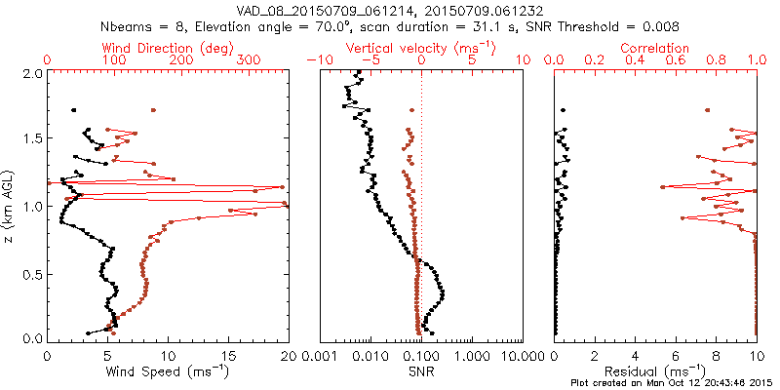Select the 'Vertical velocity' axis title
pyautogui.click(x=420, y=48)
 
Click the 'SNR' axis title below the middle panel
pyautogui.click(x=420, y=370)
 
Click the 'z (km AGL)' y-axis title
pyautogui.click(x=11, y=205)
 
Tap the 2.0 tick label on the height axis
pyautogui.click(x=31, y=73)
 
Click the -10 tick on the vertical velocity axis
pyautogui.click(x=316, y=60)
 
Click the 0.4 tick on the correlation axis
pyautogui.click(x=636, y=60)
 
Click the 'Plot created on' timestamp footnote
pyautogui.click(x=672, y=383)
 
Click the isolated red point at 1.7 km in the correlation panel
pyautogui.click(x=708, y=109)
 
